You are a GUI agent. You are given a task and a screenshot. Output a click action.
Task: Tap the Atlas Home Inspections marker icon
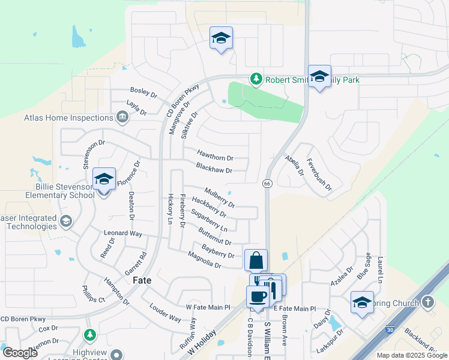coord(122,116)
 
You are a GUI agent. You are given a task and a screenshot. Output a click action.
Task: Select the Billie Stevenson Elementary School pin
coord(104,179)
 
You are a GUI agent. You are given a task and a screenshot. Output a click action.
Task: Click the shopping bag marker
coord(256,261)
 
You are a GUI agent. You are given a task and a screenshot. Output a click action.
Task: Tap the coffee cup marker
coord(258,297)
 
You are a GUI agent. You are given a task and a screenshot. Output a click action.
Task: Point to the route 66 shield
coord(267,182)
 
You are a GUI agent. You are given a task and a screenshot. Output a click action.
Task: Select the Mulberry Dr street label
coord(219,197)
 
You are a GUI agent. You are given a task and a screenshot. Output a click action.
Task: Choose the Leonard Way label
coord(122,233)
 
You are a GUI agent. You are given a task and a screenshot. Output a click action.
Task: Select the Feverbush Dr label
coord(319,175)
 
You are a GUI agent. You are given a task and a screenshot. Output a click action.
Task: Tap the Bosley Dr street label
coord(143,94)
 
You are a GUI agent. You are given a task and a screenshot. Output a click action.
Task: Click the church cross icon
coord(427,301)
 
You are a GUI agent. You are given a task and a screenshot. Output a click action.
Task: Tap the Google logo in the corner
coord(20,353)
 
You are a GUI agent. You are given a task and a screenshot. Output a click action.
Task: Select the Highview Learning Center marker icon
coord(117,355)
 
